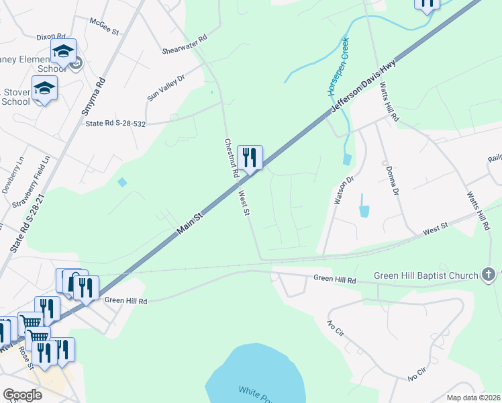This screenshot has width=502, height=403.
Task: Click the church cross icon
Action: click(x=489, y=274)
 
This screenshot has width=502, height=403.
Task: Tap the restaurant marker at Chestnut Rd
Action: click(x=250, y=159)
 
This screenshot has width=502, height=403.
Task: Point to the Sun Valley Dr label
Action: click(x=165, y=89)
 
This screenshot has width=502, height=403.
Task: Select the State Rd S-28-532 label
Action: click(x=116, y=124)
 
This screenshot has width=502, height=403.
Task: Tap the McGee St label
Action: click(x=103, y=30)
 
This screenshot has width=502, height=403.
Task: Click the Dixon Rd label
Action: click(x=51, y=37)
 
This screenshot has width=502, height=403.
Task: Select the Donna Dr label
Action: click(x=389, y=181)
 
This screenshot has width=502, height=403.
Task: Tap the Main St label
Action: click(x=190, y=222)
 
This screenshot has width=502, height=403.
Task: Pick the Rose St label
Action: click(x=26, y=358)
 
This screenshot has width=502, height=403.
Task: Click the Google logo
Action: click(x=21, y=395)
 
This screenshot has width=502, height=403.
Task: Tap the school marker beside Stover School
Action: click(x=44, y=89)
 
